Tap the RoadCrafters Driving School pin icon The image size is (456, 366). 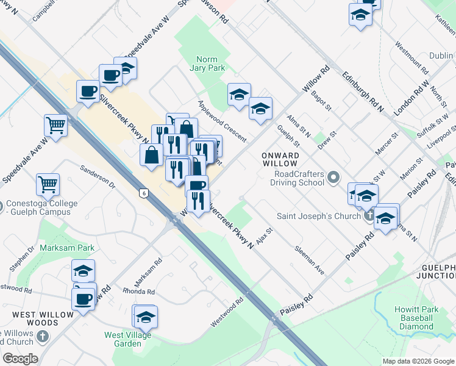[333, 178]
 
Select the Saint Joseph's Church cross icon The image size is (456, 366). [369, 215]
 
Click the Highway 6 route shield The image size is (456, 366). [143, 193]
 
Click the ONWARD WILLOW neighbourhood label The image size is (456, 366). [280, 160]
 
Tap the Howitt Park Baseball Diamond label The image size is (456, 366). [416, 318]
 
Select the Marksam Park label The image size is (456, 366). [67, 248]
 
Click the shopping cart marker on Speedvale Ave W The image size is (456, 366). [55, 125]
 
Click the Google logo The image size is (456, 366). [20, 359]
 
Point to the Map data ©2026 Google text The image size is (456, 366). [418, 361]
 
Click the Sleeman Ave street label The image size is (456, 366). [309, 259]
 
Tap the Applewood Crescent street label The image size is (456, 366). [222, 121]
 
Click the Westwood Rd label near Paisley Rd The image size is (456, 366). [227, 311]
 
